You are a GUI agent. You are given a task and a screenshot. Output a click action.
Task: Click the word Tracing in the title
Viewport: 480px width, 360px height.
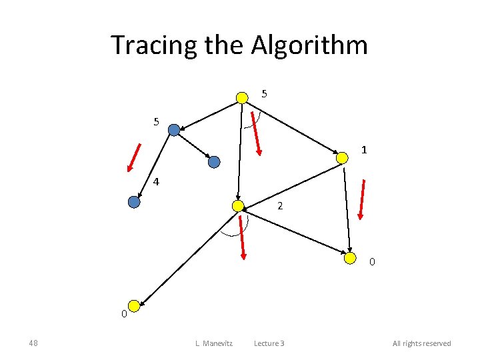tap(143, 45)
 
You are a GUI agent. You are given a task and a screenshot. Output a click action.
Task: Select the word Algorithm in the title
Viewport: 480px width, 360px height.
tap(309, 45)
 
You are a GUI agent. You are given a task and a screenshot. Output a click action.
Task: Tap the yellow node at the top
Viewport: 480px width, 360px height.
tap(242, 98)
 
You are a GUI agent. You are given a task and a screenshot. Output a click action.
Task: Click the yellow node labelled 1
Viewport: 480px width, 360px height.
tap(341, 158)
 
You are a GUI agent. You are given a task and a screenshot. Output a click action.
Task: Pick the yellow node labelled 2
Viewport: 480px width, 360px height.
tap(237, 206)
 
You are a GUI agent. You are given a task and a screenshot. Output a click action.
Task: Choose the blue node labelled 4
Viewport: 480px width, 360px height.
tap(134, 202)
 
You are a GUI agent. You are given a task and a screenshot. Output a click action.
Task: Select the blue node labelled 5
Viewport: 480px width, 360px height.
tap(174, 130)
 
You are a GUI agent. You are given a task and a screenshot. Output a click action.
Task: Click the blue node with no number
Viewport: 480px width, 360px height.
tap(214, 161)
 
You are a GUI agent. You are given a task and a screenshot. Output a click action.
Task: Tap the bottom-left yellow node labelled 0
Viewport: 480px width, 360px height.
tap(134, 306)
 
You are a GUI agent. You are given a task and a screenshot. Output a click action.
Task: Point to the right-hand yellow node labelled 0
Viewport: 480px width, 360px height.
tap(350, 258)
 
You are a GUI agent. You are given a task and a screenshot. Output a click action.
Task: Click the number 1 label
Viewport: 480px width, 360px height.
tap(364, 150)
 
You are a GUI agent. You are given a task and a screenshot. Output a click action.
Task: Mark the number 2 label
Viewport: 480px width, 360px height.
tap(280, 206)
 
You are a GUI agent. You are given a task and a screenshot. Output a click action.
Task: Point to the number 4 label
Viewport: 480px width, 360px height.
tap(156, 181)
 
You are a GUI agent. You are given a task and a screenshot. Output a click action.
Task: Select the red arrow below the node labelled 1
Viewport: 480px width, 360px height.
tap(361, 199)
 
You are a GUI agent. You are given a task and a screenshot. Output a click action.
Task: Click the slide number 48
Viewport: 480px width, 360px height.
tap(33, 343)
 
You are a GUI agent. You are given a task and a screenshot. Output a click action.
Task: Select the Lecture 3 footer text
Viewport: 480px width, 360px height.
tap(269, 343)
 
